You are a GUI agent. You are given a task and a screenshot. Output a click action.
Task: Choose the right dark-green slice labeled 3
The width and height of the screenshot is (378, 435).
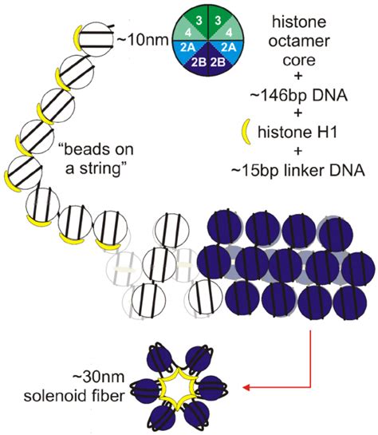(203, 18)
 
